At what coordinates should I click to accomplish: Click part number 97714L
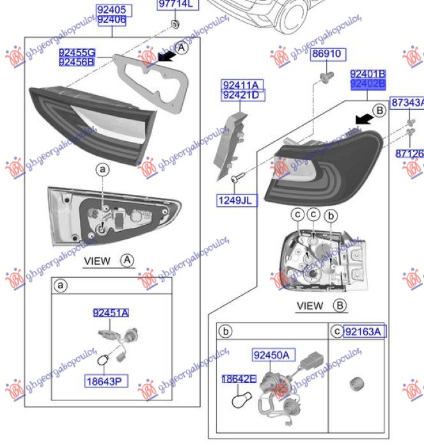pos(175,5)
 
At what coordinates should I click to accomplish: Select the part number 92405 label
pos(115,10)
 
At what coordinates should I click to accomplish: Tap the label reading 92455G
pos(76,52)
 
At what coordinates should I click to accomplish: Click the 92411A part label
pos(242,84)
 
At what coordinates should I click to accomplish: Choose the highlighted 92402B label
pos(368,84)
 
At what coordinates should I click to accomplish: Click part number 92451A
pos(111,312)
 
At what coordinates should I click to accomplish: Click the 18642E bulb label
pos(239,379)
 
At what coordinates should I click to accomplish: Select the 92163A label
pos(363,331)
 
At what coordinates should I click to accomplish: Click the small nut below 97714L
pos(175,25)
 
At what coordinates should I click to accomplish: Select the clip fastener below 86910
pos(324,78)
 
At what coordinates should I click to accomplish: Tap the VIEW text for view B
pos(310,306)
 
